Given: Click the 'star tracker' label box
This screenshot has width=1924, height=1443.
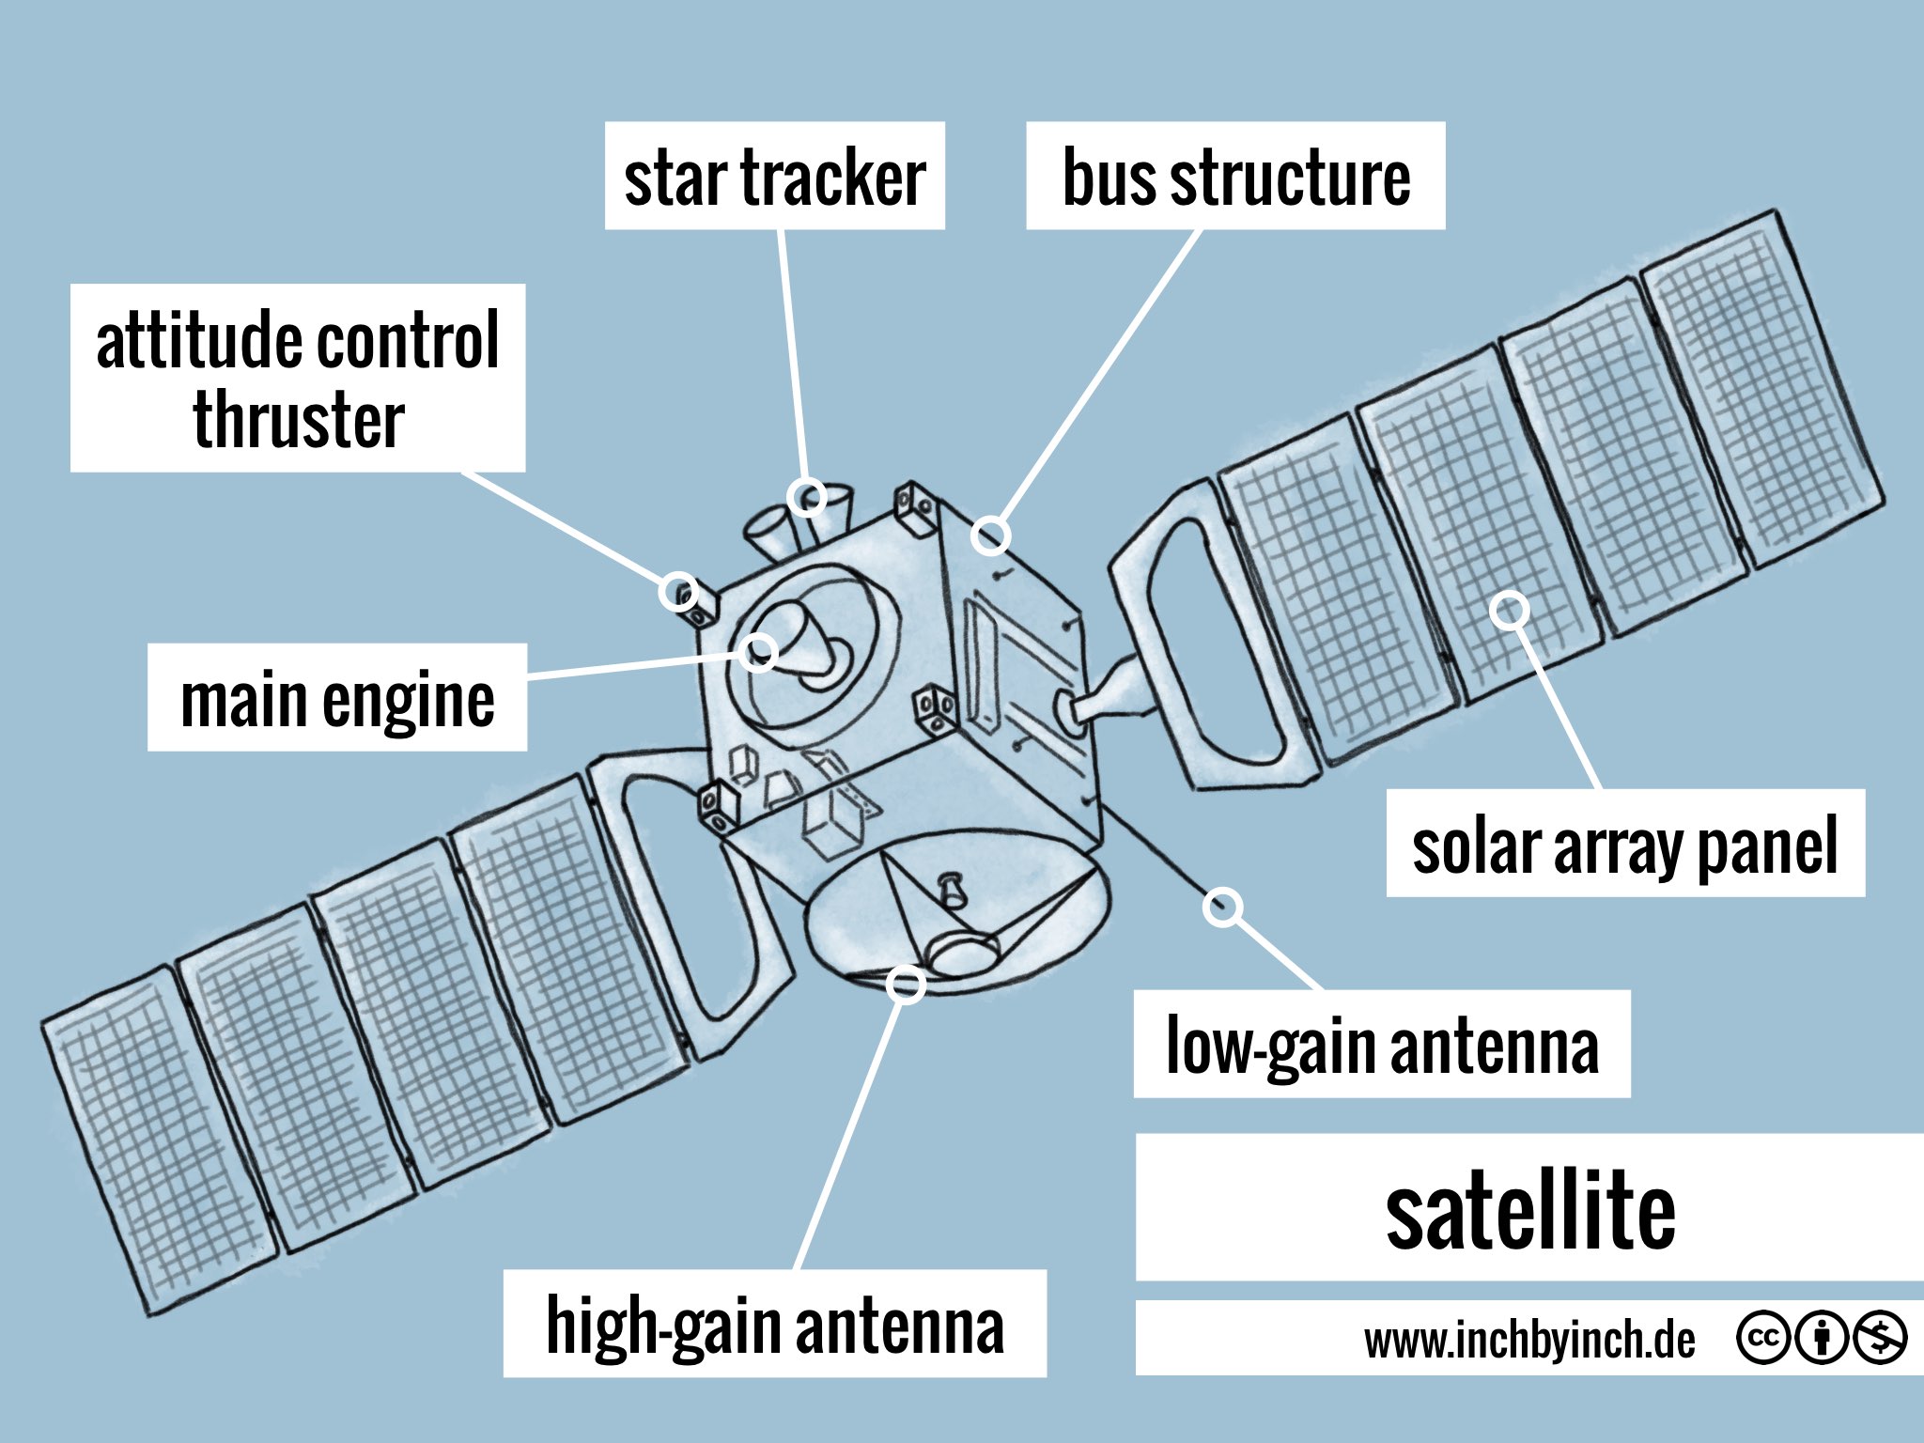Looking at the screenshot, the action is point(774,176).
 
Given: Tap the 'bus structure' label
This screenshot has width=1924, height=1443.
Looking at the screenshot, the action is point(1234,176).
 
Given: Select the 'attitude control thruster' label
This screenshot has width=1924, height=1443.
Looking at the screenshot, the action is point(297,377).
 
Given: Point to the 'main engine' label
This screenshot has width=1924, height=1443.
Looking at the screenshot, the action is point(336,697).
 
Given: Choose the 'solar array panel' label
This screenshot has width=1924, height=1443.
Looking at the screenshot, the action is point(1624,844).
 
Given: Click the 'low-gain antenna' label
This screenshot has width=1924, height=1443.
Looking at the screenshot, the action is point(1381,1044).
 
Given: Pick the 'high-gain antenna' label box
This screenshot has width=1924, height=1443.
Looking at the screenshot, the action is point(774,1324).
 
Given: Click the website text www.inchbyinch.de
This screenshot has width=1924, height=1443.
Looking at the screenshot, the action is point(1528,1340).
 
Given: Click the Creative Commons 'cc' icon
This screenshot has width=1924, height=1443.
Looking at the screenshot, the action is point(1762,1337).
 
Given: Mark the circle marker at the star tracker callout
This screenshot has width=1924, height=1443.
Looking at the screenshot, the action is point(808,496).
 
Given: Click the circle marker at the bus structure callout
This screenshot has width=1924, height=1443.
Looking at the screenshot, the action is point(990,535).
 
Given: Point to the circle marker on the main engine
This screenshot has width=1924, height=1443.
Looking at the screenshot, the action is point(757,651).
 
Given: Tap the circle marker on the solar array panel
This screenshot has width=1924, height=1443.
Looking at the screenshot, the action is point(1509,611).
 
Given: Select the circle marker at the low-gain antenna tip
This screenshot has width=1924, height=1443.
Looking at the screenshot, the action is point(1222,907).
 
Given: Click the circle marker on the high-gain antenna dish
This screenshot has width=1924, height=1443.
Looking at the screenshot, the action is point(906,984).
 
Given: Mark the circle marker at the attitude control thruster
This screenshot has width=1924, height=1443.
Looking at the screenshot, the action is point(678,592).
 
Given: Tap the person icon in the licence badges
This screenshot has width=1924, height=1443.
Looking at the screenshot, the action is point(1822,1337).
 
